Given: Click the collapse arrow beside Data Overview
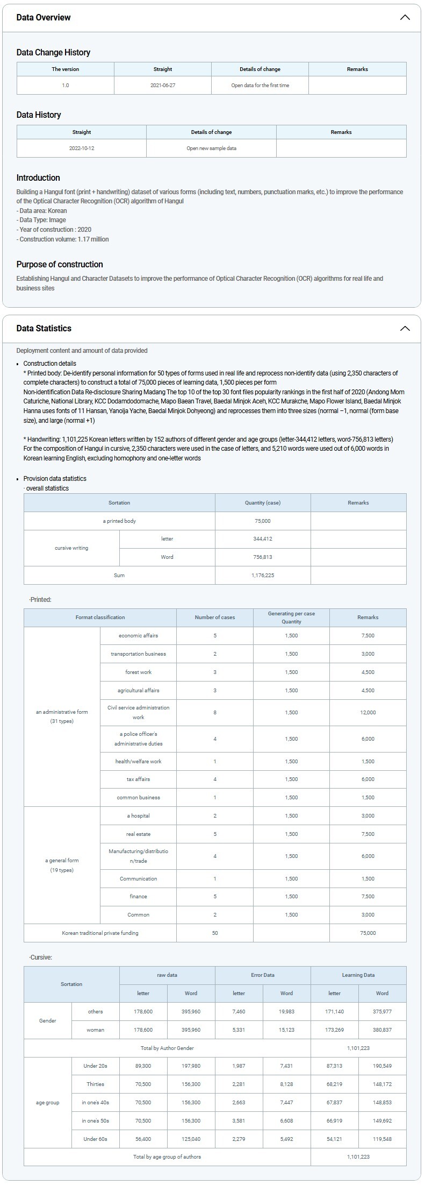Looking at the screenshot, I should click(x=405, y=17).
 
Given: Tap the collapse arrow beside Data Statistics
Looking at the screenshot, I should click(x=405, y=328).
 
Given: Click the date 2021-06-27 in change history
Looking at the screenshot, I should click(x=163, y=86).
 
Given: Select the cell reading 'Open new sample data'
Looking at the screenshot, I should click(x=211, y=148).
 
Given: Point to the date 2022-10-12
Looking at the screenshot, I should click(x=82, y=148).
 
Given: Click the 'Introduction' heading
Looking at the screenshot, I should click(x=38, y=178).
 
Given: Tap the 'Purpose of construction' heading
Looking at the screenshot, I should click(x=60, y=264).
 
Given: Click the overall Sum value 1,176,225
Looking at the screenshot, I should click(x=263, y=575).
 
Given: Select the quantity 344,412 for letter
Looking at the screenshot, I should click(x=263, y=538).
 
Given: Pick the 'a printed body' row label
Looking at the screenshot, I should click(x=119, y=521).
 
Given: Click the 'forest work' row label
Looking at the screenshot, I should click(x=138, y=672).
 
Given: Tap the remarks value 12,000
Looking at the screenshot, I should click(x=368, y=712).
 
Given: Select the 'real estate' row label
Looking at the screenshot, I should click(x=138, y=834).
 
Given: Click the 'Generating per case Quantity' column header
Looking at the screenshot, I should click(x=291, y=617).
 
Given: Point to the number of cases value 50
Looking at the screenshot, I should click(x=215, y=933).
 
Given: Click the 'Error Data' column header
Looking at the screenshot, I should click(x=263, y=975).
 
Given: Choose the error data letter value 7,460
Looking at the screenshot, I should click(x=239, y=1011).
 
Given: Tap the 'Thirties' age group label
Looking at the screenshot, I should click(x=95, y=1084).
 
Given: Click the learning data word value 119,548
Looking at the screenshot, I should click(x=382, y=1139).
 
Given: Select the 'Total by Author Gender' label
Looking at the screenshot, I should click(x=167, y=1048).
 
